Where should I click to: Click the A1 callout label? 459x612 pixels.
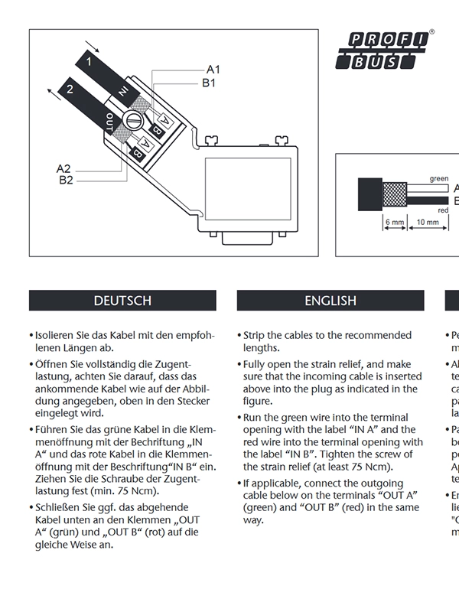pyautogui.click(x=213, y=68)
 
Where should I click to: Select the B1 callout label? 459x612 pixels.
pyautogui.click(x=209, y=83)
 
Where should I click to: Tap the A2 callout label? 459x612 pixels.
pyautogui.click(x=63, y=168)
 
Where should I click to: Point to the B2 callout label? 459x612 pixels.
pyautogui.click(x=66, y=180)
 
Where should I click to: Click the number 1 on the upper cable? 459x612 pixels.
pyautogui.click(x=90, y=60)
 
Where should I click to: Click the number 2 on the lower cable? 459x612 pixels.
pyautogui.click(x=70, y=89)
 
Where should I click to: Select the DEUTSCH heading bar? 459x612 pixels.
pyautogui.click(x=122, y=301)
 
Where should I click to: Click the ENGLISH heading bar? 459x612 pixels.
pyautogui.click(x=330, y=301)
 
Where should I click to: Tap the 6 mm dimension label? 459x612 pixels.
pyautogui.click(x=394, y=223)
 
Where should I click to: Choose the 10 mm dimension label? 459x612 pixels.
pyautogui.click(x=428, y=223)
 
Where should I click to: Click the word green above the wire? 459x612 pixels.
pyautogui.click(x=439, y=178)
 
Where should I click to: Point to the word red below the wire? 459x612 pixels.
pyautogui.click(x=442, y=210)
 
